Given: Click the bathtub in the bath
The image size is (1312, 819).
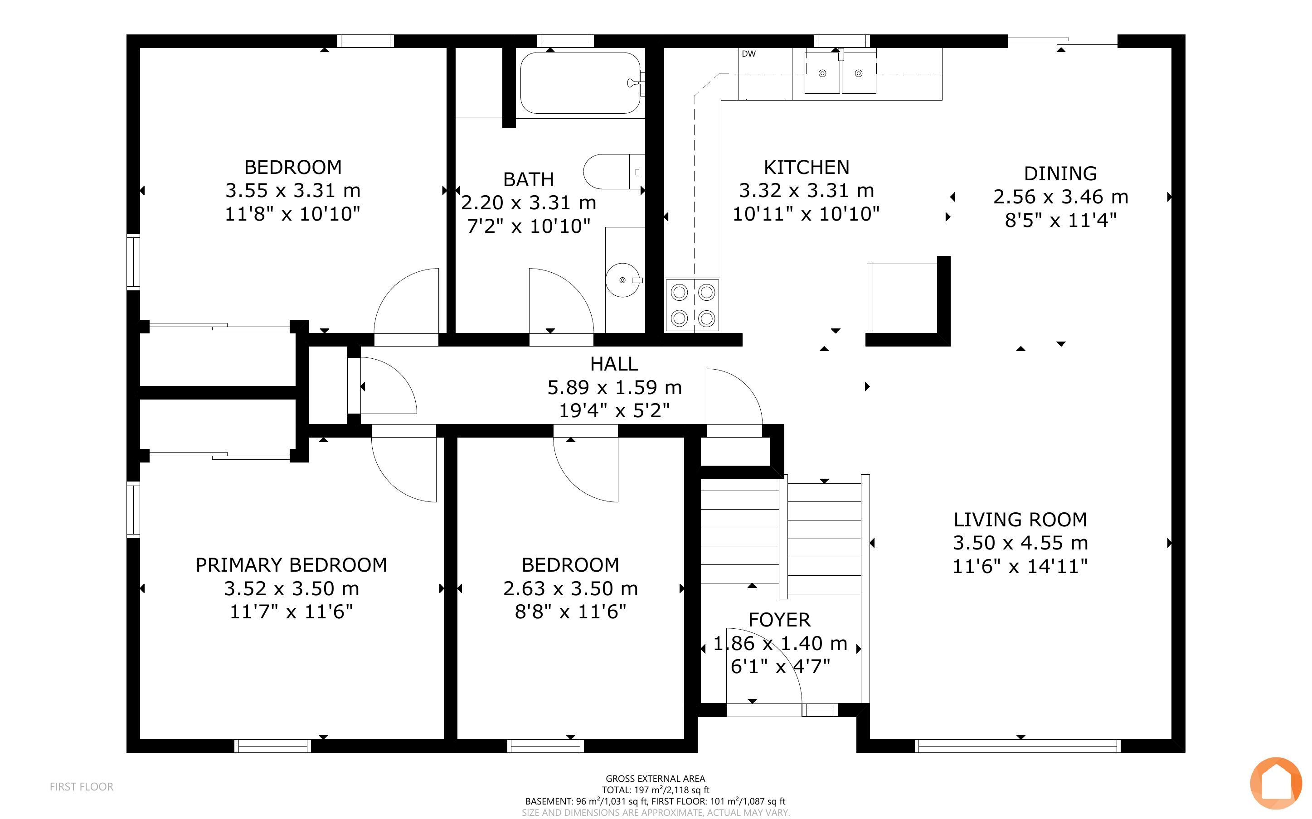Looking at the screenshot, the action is (580, 83).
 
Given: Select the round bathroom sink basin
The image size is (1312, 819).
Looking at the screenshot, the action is (622, 280).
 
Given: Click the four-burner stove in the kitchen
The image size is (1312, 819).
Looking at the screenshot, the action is (693, 305).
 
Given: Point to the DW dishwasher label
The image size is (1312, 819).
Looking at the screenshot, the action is (748, 53).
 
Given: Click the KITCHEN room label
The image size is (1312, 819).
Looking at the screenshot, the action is (807, 167).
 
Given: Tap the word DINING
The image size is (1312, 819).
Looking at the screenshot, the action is (1060, 174).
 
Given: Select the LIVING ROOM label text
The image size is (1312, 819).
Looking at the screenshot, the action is (1020, 520).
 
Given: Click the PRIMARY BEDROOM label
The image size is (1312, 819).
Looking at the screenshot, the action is (292, 565).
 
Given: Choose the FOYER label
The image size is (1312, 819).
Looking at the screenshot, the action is (779, 620).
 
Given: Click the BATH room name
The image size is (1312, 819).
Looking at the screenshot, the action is (528, 179).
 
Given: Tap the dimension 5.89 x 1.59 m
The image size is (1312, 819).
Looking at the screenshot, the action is (615, 387).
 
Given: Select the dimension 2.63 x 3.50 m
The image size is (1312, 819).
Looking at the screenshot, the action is (571, 588).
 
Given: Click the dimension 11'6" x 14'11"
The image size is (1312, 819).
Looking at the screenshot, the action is (1020, 566).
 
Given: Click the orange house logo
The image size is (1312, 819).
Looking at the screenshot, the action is (1276, 783).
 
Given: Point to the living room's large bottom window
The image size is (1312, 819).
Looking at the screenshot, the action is (1018, 746).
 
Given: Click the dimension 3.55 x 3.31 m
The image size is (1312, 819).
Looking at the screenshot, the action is (293, 191).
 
